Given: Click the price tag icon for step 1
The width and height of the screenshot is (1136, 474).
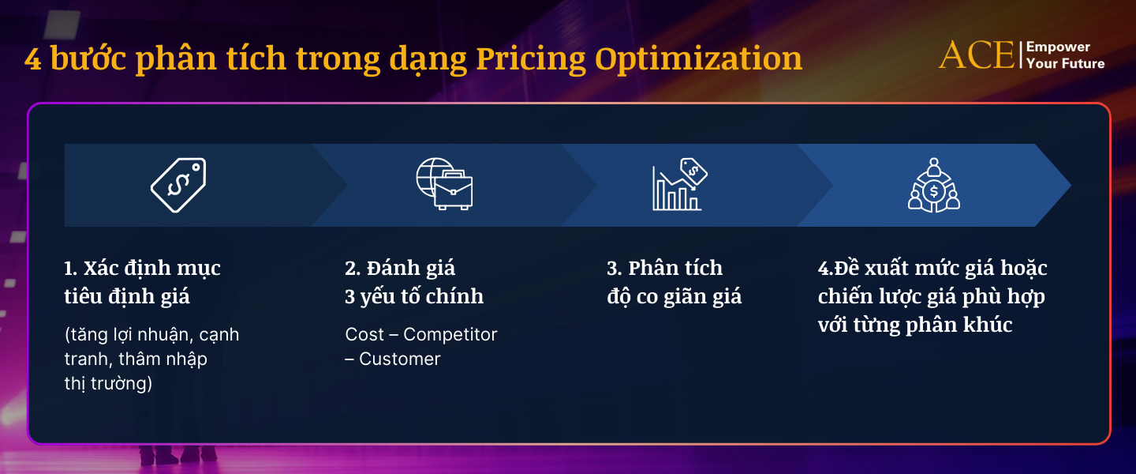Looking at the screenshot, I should [178, 185].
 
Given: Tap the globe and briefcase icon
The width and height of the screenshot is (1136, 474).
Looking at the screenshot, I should [444, 185].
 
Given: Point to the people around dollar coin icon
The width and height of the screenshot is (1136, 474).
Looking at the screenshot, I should [934, 185].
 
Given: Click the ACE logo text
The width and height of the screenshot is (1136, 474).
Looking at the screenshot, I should [977, 55].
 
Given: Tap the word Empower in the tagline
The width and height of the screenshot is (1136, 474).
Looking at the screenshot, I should [1058, 47].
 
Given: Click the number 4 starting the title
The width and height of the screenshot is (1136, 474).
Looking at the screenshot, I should [33, 60].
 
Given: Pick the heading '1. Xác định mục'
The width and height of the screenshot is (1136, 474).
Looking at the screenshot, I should [142, 269].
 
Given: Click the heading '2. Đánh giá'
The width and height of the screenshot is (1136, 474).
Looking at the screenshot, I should [400, 269].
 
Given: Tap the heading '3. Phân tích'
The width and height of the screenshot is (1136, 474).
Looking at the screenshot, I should [664, 269].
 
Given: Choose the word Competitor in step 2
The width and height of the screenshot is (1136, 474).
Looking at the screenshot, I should [450, 334].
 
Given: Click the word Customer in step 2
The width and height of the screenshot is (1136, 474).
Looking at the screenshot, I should [399, 359].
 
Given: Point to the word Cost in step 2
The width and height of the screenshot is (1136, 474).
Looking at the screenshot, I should [364, 334].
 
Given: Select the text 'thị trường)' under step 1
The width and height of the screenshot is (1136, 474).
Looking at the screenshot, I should [108, 383].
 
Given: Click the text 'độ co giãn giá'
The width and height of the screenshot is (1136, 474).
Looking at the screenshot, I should [674, 297].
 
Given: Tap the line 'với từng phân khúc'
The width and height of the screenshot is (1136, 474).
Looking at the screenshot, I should [915, 325].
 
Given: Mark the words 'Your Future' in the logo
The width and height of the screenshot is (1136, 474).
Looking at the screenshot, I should [1065, 64].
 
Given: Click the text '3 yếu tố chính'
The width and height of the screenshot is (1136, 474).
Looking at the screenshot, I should [414, 297].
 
